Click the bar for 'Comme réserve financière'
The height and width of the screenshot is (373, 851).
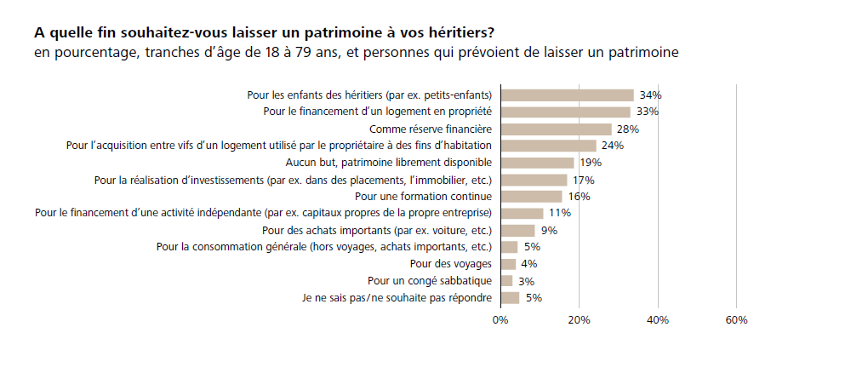coord(557,129)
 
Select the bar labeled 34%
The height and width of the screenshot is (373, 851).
coord(568,95)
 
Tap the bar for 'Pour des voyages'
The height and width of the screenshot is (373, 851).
coord(509,264)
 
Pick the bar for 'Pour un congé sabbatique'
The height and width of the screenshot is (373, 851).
coord(507,281)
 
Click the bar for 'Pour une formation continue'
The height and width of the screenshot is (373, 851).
coord(532,197)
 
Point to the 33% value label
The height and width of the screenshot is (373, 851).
coord(648,112)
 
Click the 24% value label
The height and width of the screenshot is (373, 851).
coord(613,146)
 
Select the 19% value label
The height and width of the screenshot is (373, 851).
coord(591,163)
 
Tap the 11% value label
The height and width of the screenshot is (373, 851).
coord(559,213)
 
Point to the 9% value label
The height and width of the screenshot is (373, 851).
coord(549,230)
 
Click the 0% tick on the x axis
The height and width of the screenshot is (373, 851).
coord(500,320)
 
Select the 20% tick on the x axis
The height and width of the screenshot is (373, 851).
coord(579,320)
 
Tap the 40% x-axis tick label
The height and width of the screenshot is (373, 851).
coord(658,320)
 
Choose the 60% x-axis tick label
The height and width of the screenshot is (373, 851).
coord(736,320)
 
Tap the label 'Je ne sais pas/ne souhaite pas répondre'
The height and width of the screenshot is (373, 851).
coord(397,298)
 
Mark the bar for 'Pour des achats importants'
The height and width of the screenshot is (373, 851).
coord(517,230)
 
